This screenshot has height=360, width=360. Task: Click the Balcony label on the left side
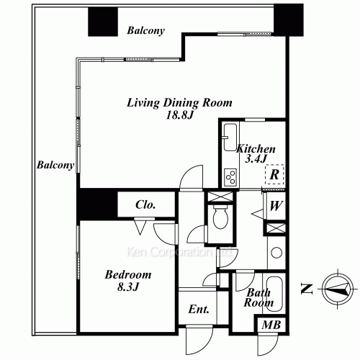click(55, 165)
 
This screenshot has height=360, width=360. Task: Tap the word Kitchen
click(256, 149)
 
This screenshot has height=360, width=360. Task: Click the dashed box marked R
click(274, 174)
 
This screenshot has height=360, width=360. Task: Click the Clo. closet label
click(146, 204)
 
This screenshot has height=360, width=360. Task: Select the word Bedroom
click(127, 274)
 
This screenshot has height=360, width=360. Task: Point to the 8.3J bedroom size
click(127, 288)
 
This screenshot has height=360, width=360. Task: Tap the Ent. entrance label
click(199, 310)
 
